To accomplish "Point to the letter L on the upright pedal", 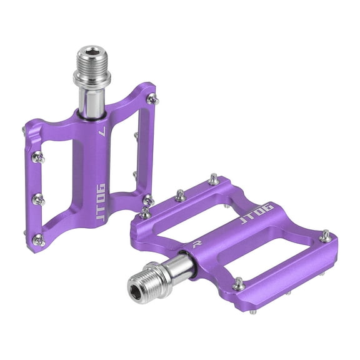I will click(x=102, y=132).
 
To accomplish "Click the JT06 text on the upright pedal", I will click(x=100, y=194).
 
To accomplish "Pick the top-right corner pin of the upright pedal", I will click(x=152, y=98).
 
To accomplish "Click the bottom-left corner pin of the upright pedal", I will click(x=38, y=239).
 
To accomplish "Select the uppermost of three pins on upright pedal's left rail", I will click(x=37, y=157).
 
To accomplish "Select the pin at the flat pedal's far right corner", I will click(x=325, y=236).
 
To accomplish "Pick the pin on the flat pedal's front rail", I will click(x=238, y=284).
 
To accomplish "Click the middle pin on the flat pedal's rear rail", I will click(x=180, y=196).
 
